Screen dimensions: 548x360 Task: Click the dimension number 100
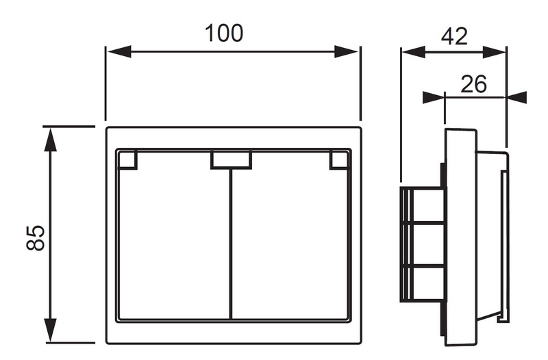tap(224, 34)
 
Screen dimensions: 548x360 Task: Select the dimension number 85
tap(36, 237)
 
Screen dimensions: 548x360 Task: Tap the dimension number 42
tap(454, 36)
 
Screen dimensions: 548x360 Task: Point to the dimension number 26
tap(473, 84)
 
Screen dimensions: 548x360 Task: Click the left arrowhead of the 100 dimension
tap(119, 52)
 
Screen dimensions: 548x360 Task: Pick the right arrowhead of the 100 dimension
tap(346, 52)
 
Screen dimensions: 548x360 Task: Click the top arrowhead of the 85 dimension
tap(51, 140)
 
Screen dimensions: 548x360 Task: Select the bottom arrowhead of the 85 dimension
tap(51, 330)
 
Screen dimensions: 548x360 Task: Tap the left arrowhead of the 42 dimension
tap(414, 53)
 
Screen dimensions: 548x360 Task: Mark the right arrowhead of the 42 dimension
tap(494, 53)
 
